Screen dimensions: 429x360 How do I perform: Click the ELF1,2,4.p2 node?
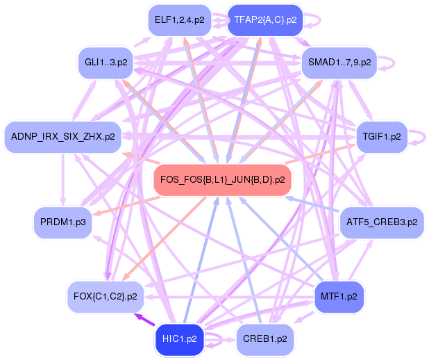coord(180,20)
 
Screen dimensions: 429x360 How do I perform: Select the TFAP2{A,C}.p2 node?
coord(265,20)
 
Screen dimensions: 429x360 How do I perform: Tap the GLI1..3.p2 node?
coord(106,63)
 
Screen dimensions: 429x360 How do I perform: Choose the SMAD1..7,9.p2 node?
coord(339,63)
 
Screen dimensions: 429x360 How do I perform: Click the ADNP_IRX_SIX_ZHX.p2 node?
coord(63,136)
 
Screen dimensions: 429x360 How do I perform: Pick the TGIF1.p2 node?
coord(382,136)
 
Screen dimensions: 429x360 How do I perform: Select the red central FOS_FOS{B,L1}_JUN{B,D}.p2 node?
coord(222,180)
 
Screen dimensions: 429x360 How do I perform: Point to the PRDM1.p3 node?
coord(62,222)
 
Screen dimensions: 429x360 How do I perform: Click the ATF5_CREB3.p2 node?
coord(382,222)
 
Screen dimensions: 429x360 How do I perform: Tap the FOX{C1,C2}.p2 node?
coord(106,297)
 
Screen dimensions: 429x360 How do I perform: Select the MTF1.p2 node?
coord(339,297)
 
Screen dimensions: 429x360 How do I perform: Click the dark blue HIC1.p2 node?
coord(180,339)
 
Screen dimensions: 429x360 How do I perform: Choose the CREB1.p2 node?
coord(265,339)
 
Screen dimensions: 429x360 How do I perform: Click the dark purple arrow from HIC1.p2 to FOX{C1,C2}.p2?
coord(145,320)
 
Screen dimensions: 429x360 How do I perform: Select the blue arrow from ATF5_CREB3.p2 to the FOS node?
coord(312,204)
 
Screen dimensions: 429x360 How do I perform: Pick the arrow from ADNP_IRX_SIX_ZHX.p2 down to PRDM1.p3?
coord(63,179)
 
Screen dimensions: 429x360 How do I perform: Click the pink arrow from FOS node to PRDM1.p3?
coord(126,206)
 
